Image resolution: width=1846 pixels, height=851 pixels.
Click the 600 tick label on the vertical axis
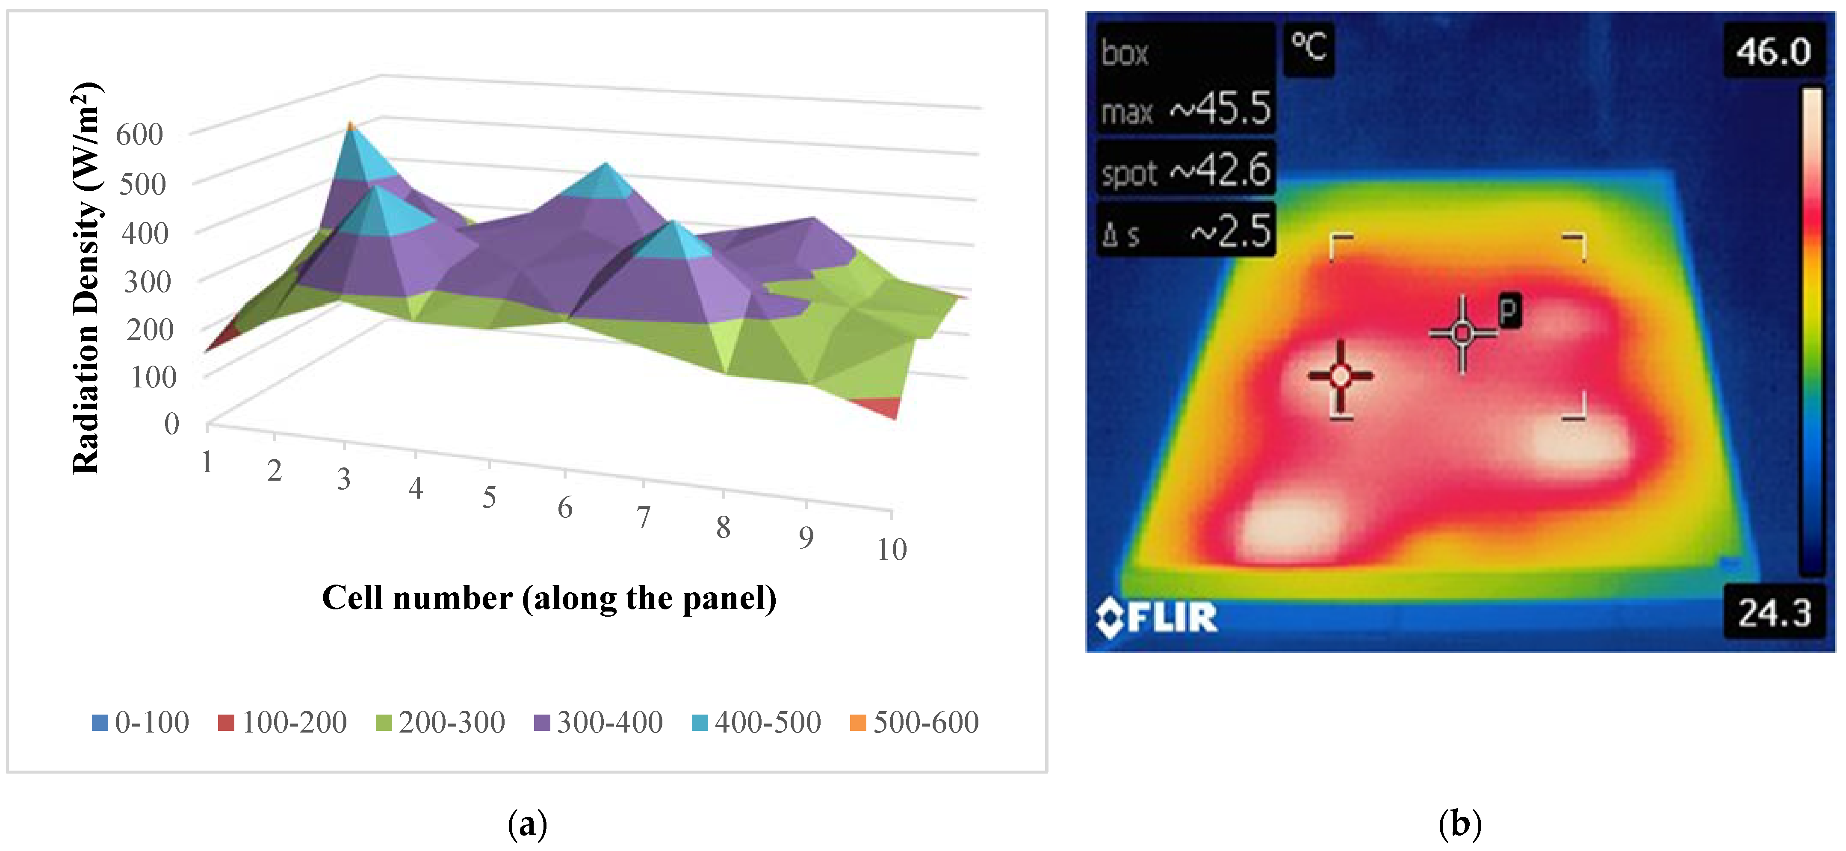(x=140, y=135)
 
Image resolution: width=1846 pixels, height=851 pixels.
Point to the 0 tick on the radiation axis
(x=171, y=424)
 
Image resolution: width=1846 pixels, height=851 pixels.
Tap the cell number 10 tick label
(x=892, y=550)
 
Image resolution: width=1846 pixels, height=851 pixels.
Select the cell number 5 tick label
(x=489, y=497)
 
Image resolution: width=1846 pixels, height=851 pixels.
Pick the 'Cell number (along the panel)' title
(x=549, y=598)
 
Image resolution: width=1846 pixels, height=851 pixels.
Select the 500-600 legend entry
(x=914, y=722)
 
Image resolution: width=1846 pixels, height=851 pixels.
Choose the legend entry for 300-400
(x=599, y=722)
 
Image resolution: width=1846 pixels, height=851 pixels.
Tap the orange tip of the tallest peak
(x=350, y=126)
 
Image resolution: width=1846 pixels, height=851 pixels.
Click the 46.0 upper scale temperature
(x=1773, y=52)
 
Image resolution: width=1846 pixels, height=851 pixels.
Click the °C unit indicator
(x=1308, y=47)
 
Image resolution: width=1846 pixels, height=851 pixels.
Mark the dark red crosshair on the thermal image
(x=1340, y=375)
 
